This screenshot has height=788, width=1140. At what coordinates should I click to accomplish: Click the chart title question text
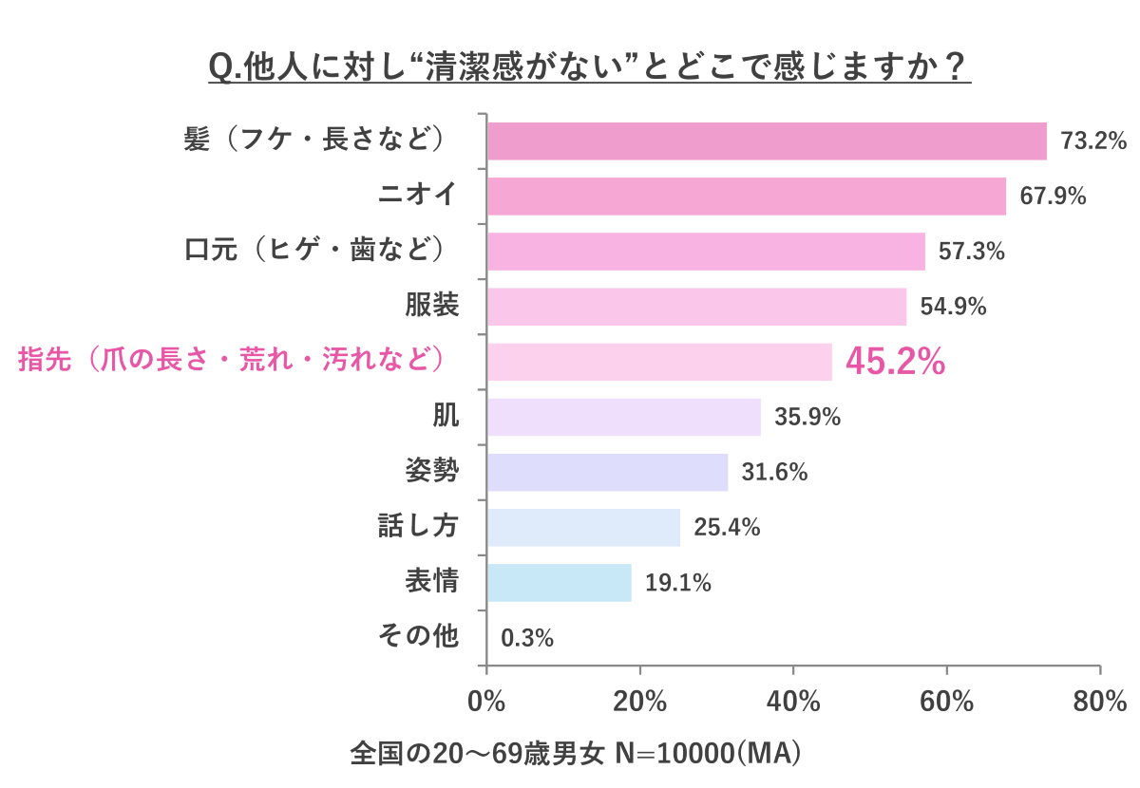click(x=589, y=68)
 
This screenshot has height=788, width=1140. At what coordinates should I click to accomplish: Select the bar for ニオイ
click(x=747, y=197)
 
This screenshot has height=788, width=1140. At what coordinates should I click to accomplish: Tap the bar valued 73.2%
click(x=768, y=141)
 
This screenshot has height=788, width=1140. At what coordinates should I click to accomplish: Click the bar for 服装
click(x=697, y=307)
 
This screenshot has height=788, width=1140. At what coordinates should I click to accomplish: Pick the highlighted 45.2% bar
click(x=660, y=362)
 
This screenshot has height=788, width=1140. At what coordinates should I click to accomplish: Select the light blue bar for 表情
click(x=560, y=582)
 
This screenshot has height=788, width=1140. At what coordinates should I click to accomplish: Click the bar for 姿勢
click(x=608, y=472)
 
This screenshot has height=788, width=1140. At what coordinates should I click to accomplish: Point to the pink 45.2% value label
click(x=895, y=362)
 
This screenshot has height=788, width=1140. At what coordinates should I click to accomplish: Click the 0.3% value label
click(x=527, y=638)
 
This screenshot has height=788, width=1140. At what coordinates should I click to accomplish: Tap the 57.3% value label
click(x=971, y=252)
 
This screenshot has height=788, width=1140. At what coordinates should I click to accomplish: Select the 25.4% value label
click(x=727, y=528)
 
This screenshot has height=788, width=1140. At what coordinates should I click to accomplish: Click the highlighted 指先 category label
click(x=233, y=361)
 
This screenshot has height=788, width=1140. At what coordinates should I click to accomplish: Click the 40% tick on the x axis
click(x=793, y=703)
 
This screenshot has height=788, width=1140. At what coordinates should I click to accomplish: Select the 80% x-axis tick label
click(x=1100, y=703)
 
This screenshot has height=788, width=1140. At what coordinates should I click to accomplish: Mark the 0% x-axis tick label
click(x=487, y=703)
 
